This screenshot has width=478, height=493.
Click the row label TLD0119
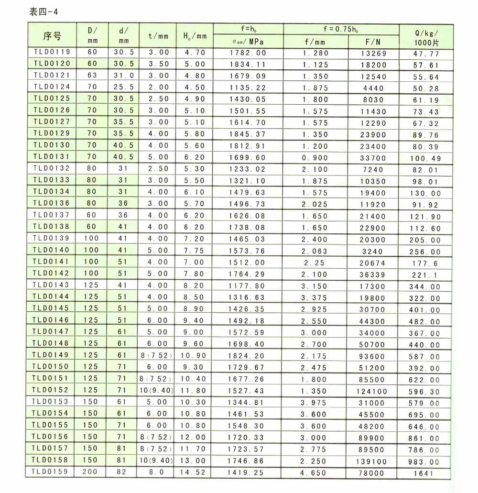point(52,52)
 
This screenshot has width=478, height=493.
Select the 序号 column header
point(52,35)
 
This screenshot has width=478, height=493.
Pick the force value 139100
point(372,460)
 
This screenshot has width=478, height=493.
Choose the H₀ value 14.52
point(194,472)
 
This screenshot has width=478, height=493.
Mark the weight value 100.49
point(424,158)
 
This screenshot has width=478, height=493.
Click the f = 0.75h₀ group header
point(341,29)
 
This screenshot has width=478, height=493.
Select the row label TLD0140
point(52,250)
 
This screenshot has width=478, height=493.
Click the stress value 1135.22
point(248,87)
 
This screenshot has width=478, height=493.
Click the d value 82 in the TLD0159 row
point(123,471)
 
